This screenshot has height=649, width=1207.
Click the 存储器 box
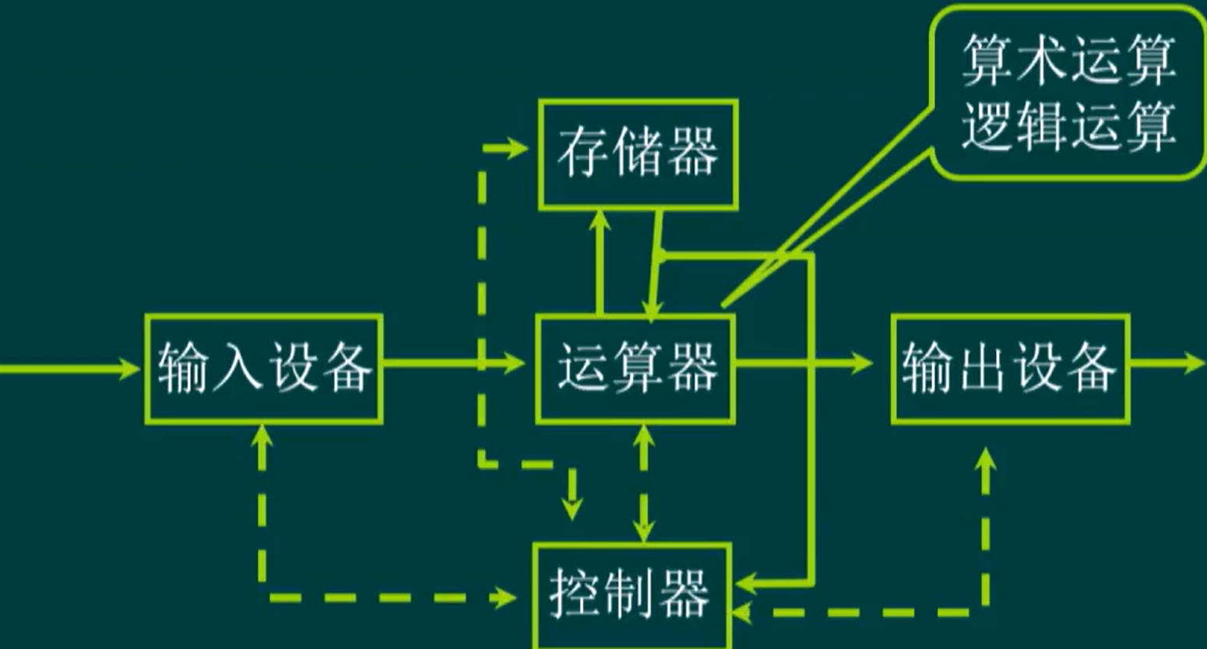[638, 154]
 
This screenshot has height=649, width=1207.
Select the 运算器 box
[635, 368]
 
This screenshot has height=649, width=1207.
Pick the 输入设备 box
[263, 368]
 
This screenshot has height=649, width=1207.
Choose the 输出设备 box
[1010, 368]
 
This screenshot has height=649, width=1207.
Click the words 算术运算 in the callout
[1068, 61]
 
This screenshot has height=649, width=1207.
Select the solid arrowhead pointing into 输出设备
[863, 363]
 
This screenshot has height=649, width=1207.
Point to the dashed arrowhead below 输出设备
[986, 459]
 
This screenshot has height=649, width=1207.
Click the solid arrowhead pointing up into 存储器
[600, 220]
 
